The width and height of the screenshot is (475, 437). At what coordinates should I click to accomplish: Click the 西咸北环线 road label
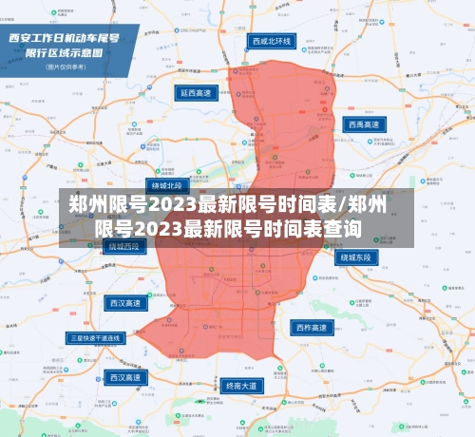pos(273,42)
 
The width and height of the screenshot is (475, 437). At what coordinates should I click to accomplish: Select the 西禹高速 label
pos(366,123)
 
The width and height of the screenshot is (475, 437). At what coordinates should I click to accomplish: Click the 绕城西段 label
pos(123,246)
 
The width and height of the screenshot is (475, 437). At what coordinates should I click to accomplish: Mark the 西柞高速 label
pos(313,328)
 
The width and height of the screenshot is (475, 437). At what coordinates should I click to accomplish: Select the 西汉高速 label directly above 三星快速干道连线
pos(124,303)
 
